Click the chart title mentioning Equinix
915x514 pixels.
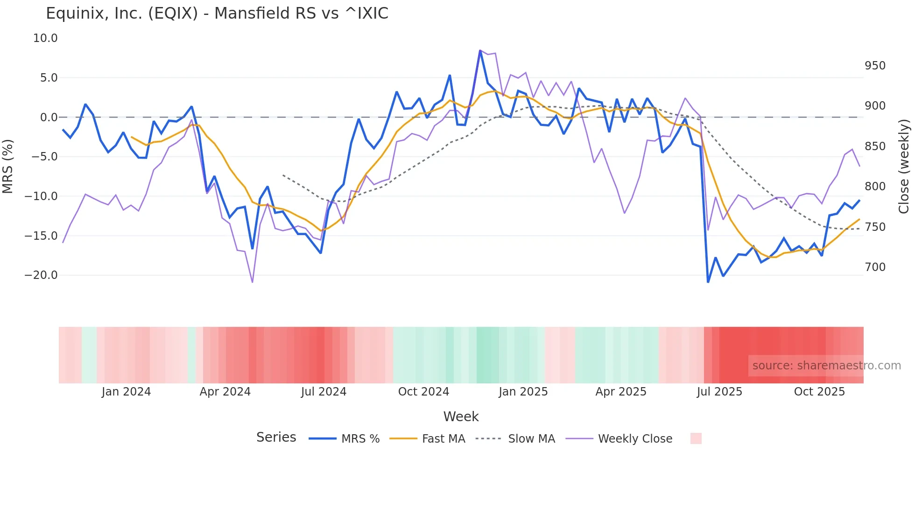[x=217, y=14]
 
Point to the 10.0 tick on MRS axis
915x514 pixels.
[x=45, y=38]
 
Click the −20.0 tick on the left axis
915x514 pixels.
[x=41, y=275]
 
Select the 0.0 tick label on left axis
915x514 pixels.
[x=49, y=118]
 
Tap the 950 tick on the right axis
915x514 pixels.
[x=875, y=66]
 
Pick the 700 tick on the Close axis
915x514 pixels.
[x=875, y=267]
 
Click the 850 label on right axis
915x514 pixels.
[x=875, y=146]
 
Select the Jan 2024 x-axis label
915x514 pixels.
[x=126, y=392]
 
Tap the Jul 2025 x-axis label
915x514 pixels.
[x=719, y=392]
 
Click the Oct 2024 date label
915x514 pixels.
[x=423, y=392]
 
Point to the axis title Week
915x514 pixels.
[x=461, y=417]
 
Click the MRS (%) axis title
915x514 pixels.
[x=8, y=166]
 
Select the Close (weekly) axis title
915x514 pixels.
[x=904, y=167]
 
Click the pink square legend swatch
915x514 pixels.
[x=696, y=438]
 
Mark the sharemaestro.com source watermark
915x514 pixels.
[x=826, y=366]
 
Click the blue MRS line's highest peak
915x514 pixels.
[x=480, y=50]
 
